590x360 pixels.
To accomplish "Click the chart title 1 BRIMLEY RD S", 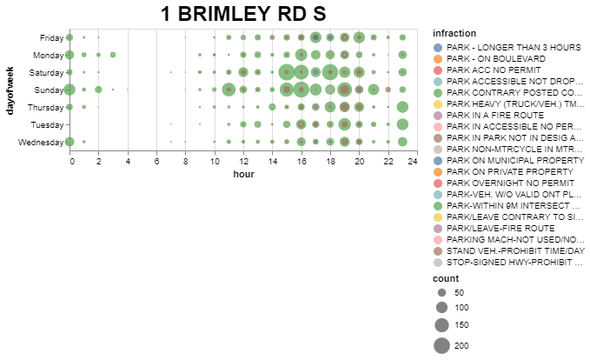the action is coord(243,14).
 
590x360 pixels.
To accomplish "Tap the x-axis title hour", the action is coord(244,174).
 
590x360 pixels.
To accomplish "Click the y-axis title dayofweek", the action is coord(10,90).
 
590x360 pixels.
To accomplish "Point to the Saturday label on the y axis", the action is coord(46,73).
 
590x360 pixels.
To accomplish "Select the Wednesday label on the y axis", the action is coord(41,143).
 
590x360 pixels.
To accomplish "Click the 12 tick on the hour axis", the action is coord(243,161).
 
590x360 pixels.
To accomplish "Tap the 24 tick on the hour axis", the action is coord(413,161).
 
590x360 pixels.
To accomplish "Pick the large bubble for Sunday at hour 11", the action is coord(229,90).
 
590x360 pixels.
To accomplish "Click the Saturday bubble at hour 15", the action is coord(287,72).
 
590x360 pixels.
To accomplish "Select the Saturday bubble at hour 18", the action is coord(330,72).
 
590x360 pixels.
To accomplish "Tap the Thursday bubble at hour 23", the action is coord(402,107).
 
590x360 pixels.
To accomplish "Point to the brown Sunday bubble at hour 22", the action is coord(388,90).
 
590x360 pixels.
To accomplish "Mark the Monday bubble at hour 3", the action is coord(113,55).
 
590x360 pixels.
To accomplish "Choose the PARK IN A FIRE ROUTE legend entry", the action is coord(488,116).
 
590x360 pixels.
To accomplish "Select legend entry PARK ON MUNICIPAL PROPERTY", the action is coord(508,161).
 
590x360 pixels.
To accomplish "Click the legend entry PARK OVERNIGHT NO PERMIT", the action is coord(504,183).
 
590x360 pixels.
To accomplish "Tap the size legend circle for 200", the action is coord(441,346).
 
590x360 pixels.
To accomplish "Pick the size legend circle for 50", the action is coord(441,292).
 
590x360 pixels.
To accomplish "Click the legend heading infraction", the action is coord(454,33).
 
